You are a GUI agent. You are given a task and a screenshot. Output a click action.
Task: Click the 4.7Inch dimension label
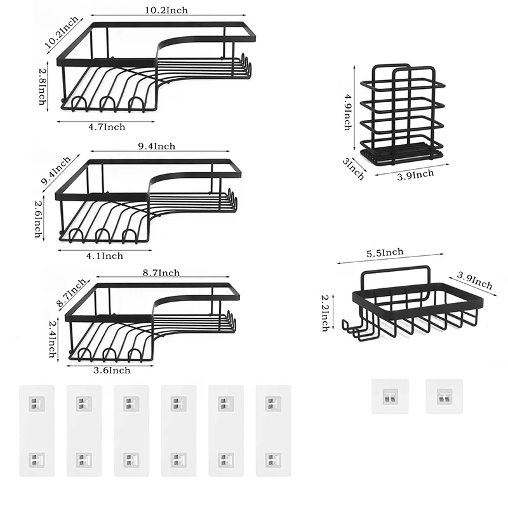[106, 127]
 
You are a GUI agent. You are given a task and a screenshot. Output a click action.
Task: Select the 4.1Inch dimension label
[104, 256]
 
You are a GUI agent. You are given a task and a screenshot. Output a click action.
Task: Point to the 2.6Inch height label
[39, 218]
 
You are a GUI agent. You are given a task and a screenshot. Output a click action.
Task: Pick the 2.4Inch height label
[53, 338]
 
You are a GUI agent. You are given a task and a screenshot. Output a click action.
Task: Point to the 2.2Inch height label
[324, 312]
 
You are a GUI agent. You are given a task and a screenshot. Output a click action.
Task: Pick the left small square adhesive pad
[389, 397]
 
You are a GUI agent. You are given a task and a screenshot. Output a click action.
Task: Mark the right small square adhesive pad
[444, 397]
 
